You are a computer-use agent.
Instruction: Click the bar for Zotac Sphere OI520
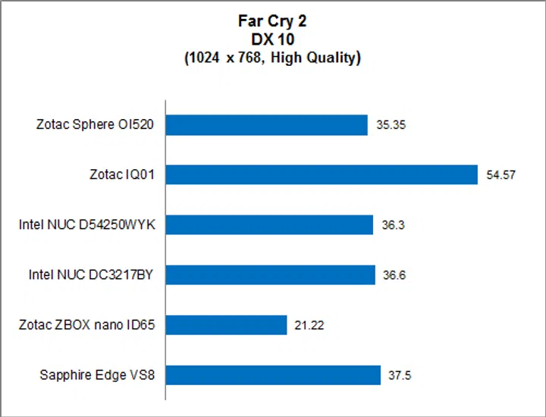click(266, 125)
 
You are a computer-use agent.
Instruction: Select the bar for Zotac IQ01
click(322, 174)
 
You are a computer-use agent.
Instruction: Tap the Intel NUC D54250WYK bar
click(269, 224)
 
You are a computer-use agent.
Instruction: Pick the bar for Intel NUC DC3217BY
click(270, 274)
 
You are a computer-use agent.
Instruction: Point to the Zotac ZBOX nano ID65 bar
click(226, 325)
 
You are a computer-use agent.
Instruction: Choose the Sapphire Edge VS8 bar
click(273, 375)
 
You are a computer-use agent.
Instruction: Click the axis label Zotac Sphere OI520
click(96, 125)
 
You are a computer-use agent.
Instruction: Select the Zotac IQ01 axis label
click(122, 175)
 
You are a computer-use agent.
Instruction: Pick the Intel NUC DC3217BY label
click(92, 275)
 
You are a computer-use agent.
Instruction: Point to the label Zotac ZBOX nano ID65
click(87, 325)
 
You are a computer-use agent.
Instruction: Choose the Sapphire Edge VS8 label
click(97, 375)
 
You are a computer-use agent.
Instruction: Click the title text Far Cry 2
click(272, 21)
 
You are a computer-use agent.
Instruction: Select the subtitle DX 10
click(272, 39)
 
